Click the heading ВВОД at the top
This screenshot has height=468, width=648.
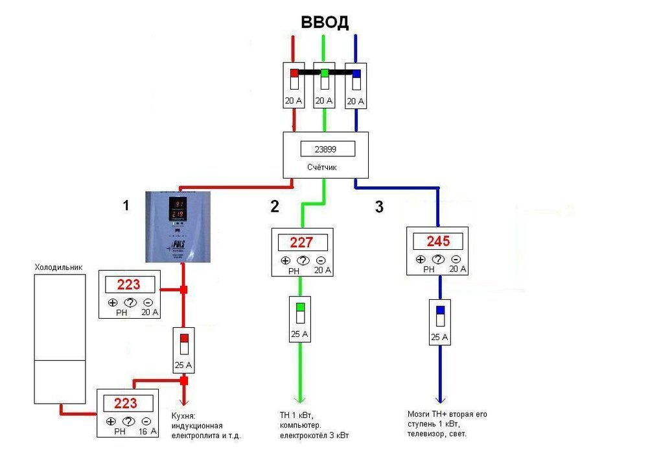click(x=325, y=23)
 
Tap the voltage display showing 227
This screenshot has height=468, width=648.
click(x=301, y=243)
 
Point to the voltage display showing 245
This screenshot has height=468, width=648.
click(x=438, y=241)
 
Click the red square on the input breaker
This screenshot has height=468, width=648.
click(x=294, y=73)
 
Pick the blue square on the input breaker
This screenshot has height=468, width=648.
click(x=356, y=73)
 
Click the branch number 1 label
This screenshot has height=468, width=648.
click(x=126, y=206)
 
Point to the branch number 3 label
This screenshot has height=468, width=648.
click(x=379, y=208)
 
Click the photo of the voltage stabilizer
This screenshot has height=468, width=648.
click(x=179, y=227)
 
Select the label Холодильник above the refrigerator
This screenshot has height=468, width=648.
click(x=58, y=267)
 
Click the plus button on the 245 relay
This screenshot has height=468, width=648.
click(x=421, y=260)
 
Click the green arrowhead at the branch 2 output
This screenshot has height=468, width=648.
click(x=300, y=400)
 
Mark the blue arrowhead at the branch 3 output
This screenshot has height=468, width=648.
click(x=440, y=400)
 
